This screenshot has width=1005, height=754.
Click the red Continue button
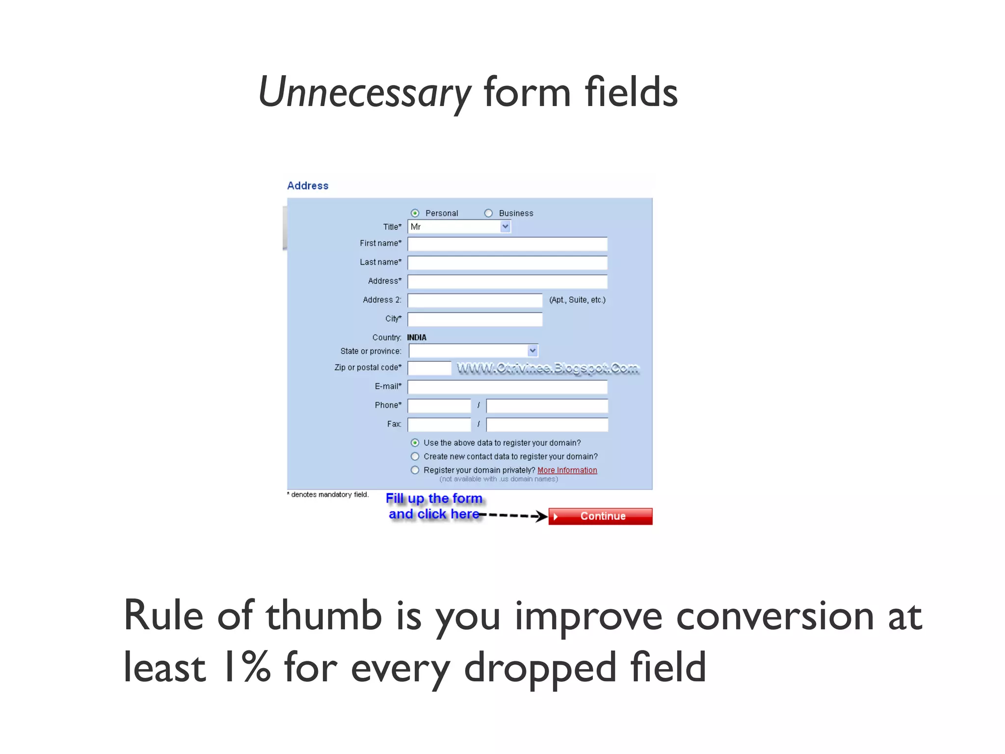point(600,516)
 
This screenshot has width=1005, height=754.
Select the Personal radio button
point(415,213)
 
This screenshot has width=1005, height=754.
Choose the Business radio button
point(488,213)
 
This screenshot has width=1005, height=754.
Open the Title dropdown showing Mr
point(459,227)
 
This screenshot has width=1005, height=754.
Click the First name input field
point(507,244)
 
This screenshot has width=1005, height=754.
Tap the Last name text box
point(507,263)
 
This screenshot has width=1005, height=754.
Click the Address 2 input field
point(475,300)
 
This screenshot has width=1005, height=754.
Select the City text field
point(475,319)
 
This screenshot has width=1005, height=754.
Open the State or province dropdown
point(474,350)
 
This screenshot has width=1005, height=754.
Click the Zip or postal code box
point(429,368)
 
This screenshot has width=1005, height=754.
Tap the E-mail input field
point(507,387)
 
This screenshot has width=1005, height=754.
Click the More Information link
point(567,470)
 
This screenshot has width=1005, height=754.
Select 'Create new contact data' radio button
point(415,457)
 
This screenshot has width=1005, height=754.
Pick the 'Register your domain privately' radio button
point(415,470)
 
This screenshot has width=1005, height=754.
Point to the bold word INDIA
point(417,337)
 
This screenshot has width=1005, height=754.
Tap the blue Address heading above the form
point(308,186)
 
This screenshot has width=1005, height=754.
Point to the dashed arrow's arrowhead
point(542,516)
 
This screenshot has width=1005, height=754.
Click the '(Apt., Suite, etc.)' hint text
point(578,300)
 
